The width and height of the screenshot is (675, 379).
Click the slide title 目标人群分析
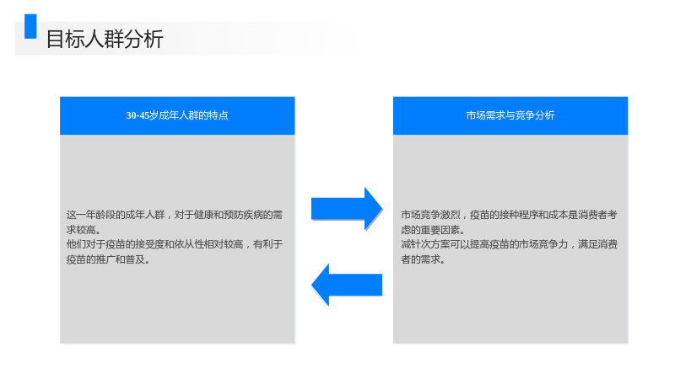tap(105, 39)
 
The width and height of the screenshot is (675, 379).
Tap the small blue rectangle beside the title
tap(30, 26)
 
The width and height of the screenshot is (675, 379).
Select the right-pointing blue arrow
tap(347, 209)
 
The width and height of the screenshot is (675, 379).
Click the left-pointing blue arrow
tap(347, 285)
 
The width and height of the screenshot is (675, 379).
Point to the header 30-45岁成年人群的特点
tap(177, 115)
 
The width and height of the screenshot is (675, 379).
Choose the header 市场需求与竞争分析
tap(510, 115)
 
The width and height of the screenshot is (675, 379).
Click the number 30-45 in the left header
tap(138, 115)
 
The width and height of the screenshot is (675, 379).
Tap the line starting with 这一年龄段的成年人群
tap(175, 215)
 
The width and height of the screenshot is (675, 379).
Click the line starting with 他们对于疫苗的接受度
tap(175, 244)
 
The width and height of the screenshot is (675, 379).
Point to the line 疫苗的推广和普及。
tap(108, 259)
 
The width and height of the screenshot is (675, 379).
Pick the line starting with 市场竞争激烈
tap(509, 215)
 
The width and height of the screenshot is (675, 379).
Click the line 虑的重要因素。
tap(433, 229)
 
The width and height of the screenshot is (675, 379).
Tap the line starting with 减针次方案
tap(509, 244)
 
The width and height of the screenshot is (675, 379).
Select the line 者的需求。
tap(424, 259)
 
